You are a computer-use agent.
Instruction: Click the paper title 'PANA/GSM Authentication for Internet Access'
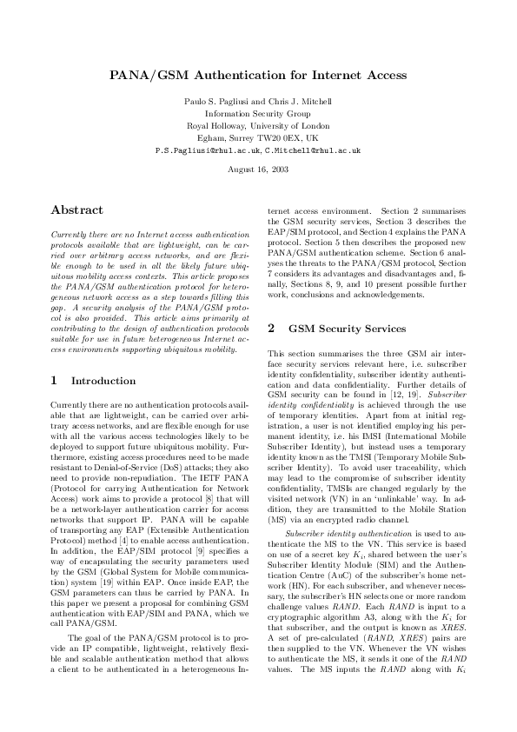[258, 76]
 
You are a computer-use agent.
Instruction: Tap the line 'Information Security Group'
[257, 113]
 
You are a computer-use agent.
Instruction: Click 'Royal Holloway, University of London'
[257, 125]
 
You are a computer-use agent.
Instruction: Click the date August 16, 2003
[257, 168]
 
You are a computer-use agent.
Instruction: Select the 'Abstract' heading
[77, 210]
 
